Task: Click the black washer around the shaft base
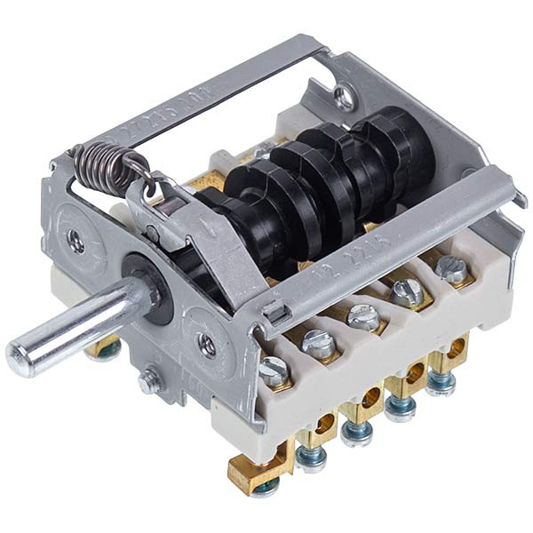142,275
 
